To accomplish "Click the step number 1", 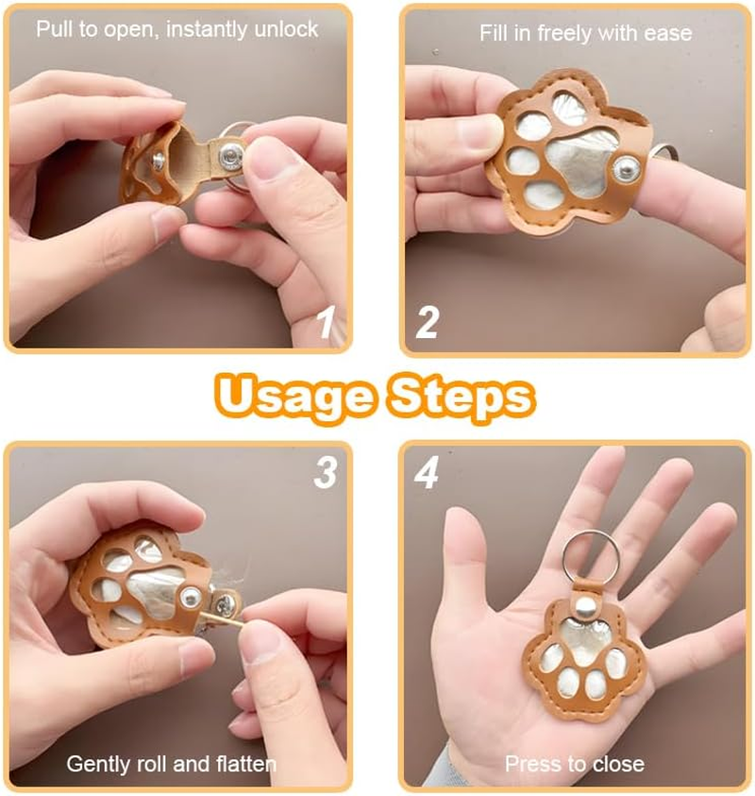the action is [327, 321].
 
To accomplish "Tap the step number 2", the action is [428, 322].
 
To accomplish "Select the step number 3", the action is [326, 472].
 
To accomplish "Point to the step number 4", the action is [427, 473].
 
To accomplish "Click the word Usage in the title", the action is [295, 398].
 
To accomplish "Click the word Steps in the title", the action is [461, 398].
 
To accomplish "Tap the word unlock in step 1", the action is [286, 29].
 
